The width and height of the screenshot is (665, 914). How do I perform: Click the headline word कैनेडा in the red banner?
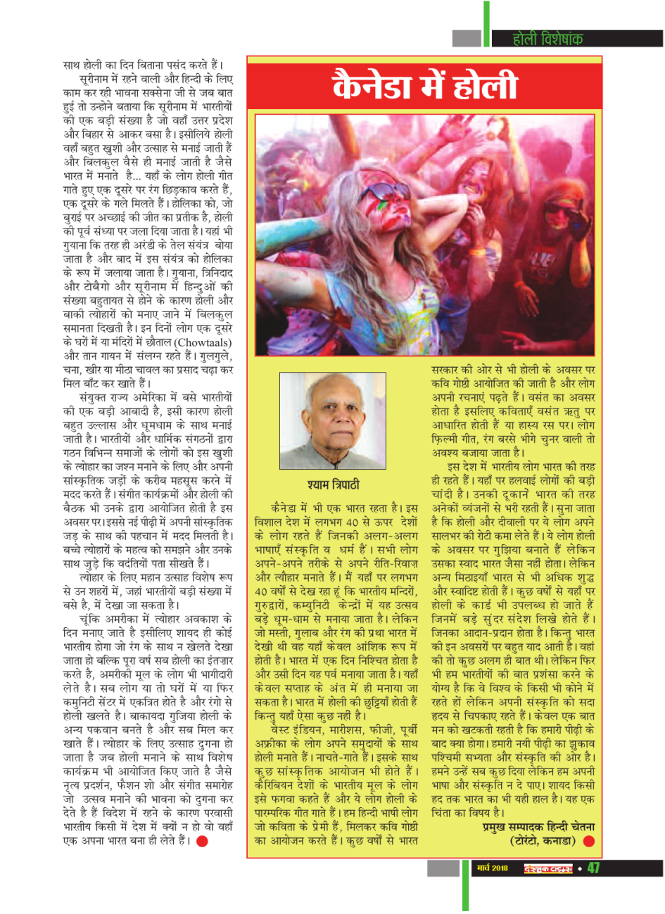(x=376, y=86)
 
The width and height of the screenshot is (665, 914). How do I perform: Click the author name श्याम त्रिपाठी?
(x=333, y=485)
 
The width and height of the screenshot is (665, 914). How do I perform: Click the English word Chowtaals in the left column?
(x=197, y=342)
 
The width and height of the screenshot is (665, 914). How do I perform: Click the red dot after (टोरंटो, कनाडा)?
(x=588, y=841)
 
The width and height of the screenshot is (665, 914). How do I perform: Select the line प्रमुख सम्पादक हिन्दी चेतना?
(x=538, y=828)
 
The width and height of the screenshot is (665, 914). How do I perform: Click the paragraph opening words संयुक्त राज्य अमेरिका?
(x=124, y=397)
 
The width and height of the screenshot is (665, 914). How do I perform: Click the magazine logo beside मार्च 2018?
(x=547, y=868)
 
